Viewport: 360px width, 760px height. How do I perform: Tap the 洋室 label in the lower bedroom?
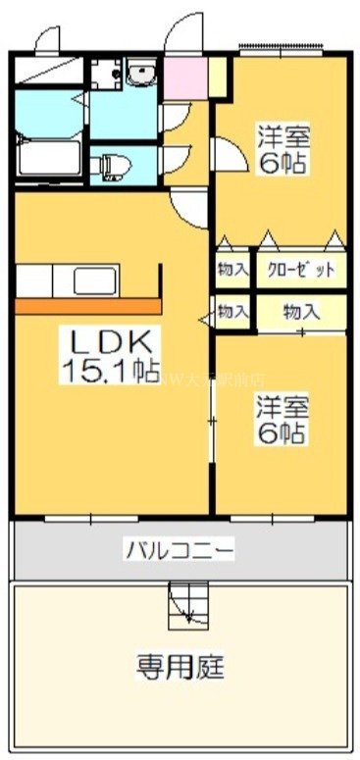click(x=282, y=403)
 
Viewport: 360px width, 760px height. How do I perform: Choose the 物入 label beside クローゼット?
click(x=232, y=268)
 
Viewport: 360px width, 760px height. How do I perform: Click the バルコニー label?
click(x=179, y=549)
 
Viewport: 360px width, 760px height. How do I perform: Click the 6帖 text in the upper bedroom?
click(x=282, y=163)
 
